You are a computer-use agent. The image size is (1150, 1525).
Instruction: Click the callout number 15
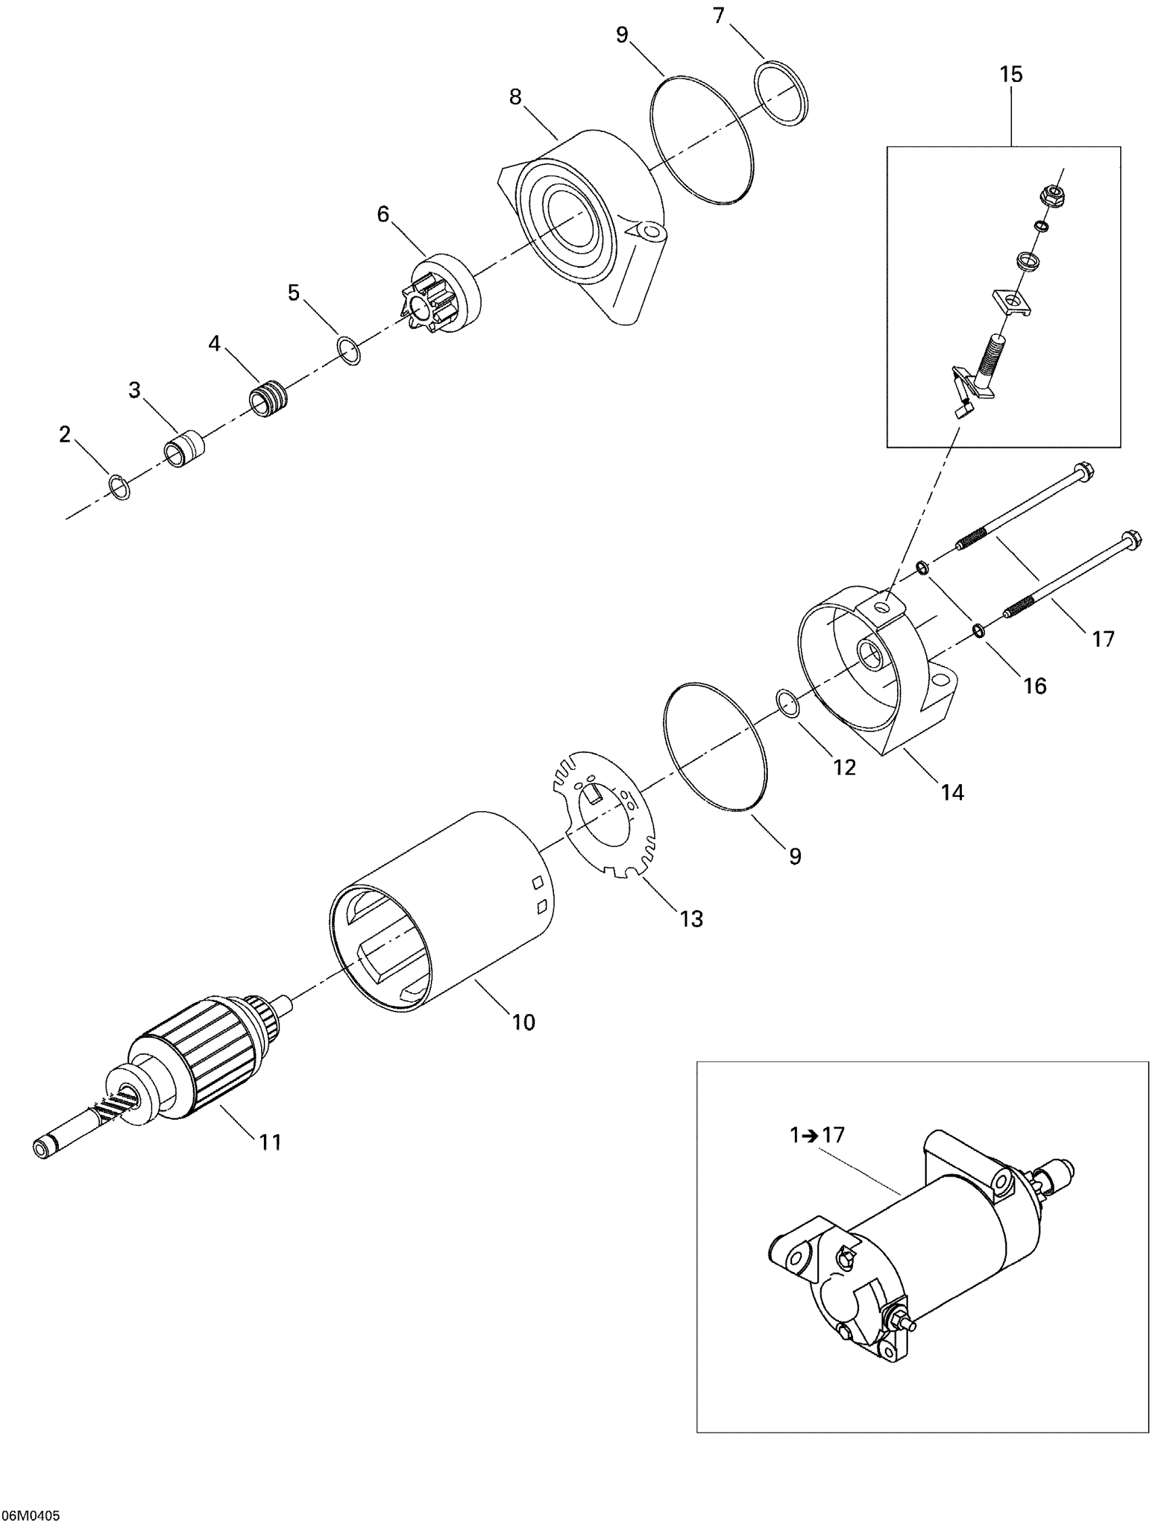(x=1011, y=74)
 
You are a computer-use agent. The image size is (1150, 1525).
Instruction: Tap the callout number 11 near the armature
(x=271, y=1142)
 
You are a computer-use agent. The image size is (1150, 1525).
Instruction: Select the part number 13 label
(x=691, y=918)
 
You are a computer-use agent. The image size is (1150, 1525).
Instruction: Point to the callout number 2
(x=65, y=434)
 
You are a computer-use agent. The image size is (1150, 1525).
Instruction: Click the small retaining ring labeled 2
(x=121, y=487)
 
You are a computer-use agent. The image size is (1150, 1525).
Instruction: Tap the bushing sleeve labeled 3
(x=183, y=449)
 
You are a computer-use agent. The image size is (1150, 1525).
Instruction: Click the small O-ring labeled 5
(x=350, y=350)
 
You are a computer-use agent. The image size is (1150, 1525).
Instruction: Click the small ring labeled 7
(x=781, y=94)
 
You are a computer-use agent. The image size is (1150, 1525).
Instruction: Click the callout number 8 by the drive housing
(x=515, y=97)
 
